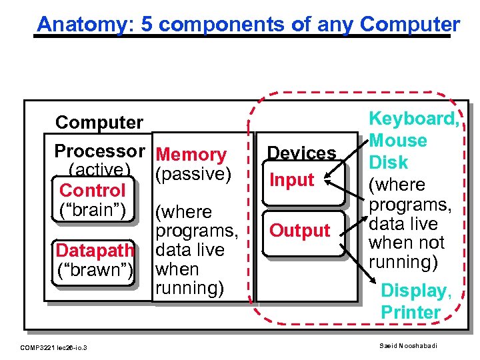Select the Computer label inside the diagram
pos(99,123)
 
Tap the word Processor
pos(99,151)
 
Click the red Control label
pos(92,191)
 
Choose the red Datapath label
pos(95,251)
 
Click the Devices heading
pos(301,153)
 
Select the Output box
pos(299,231)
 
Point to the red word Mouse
pos(398,141)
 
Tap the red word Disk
pos(389,163)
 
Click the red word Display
pos(416,291)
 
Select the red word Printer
pos(411,312)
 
